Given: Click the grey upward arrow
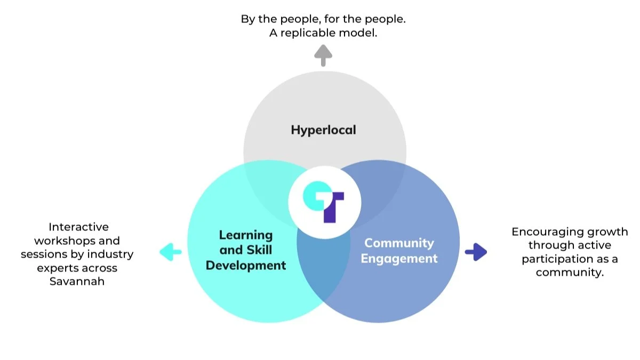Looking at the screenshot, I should click(323, 55).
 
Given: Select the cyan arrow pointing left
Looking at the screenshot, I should click(171, 252).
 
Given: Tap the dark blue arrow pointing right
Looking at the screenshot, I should click(476, 252).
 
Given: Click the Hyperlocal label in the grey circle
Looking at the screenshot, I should click(323, 130).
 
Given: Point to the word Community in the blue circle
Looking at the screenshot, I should click(399, 243).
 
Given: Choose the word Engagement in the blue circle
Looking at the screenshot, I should click(399, 259).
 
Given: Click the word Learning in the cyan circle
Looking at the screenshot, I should click(246, 235).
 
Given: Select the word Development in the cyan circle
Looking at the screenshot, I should click(246, 265).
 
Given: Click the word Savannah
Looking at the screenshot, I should click(77, 281).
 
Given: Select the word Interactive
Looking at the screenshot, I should click(78, 227).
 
